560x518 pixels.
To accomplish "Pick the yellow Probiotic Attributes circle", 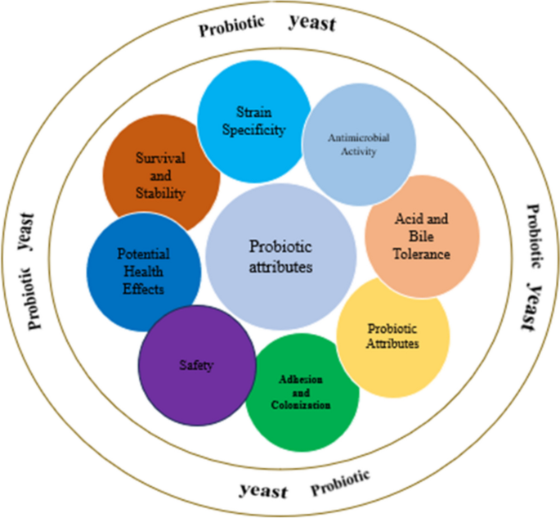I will [x=393, y=336].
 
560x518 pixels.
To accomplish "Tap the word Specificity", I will [x=258, y=128].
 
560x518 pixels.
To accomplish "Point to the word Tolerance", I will [x=422, y=254].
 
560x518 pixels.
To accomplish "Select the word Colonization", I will [x=302, y=405].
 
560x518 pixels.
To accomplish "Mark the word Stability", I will [x=160, y=194].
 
